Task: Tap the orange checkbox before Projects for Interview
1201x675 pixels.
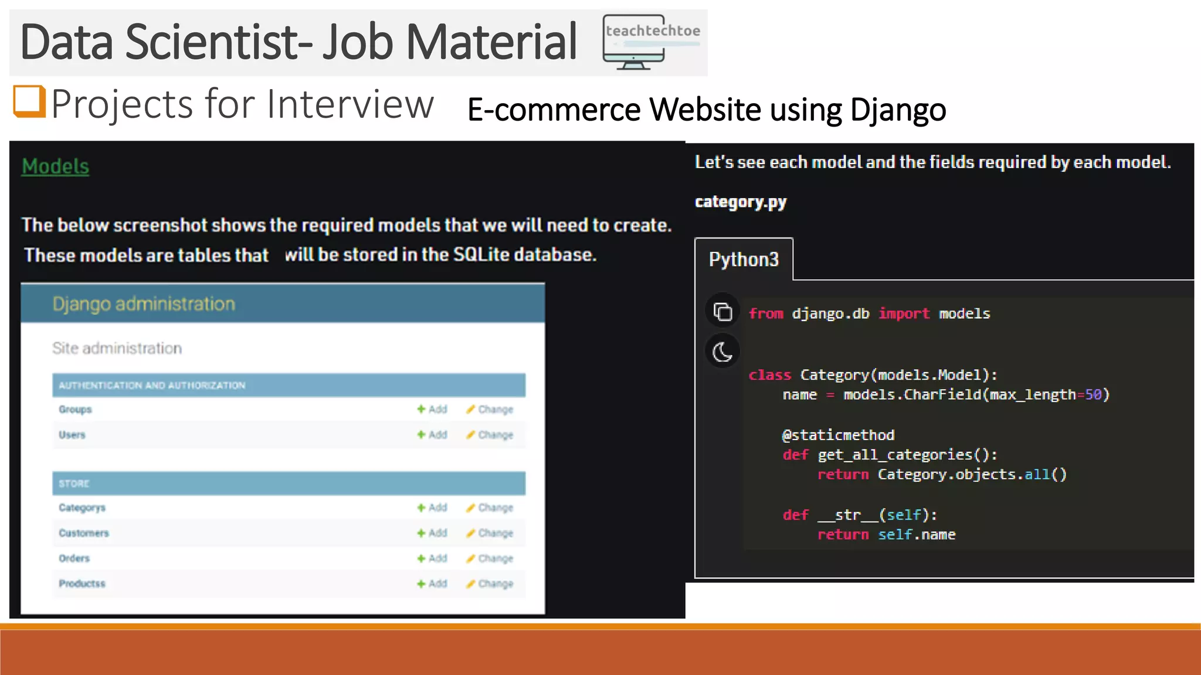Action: click(x=29, y=101)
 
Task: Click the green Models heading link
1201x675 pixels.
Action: click(x=55, y=166)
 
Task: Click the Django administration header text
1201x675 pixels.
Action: click(x=144, y=304)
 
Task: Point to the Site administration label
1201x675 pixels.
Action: click(x=117, y=348)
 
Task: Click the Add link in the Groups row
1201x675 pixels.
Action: click(x=433, y=409)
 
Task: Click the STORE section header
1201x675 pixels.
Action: click(x=74, y=483)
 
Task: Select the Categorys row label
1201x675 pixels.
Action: click(x=82, y=507)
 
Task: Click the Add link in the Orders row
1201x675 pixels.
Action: click(x=433, y=558)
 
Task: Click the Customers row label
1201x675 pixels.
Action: click(x=83, y=533)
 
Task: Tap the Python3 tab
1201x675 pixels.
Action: click(x=744, y=260)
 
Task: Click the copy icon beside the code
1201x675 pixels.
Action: click(x=722, y=312)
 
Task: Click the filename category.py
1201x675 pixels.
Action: click(x=740, y=202)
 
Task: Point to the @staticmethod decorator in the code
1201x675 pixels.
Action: click(x=838, y=435)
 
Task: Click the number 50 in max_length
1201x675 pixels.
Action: click(x=1093, y=395)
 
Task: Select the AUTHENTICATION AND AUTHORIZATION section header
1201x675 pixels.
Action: click(x=152, y=386)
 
